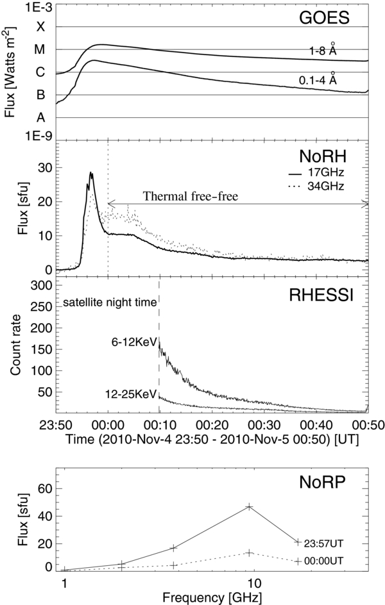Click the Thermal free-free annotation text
click(190, 197)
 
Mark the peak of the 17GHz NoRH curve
click(91, 172)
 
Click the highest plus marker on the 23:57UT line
click(250, 506)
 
